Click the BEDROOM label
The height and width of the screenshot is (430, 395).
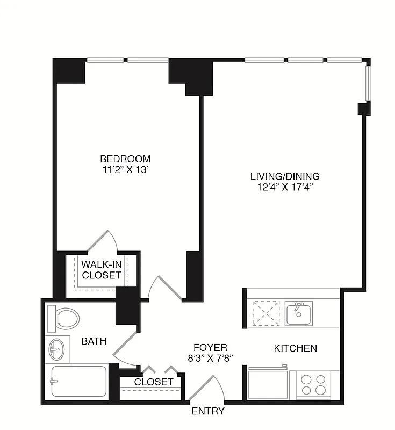125,159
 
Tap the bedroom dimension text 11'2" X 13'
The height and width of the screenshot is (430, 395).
125,169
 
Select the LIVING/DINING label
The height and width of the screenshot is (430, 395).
285,176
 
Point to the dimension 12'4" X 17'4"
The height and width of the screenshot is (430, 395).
285,187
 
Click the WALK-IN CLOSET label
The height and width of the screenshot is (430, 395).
101,270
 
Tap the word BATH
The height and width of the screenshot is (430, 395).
94,341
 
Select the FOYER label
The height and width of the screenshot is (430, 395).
210,348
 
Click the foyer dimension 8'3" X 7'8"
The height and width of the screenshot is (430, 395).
210,359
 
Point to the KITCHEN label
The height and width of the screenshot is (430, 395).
295,348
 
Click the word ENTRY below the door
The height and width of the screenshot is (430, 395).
208,412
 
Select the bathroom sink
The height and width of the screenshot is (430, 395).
56,349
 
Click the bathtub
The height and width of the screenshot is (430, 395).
78,382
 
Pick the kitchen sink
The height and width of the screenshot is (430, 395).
299,313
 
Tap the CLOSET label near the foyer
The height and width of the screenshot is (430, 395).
154,382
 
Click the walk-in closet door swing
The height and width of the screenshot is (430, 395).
102,240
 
